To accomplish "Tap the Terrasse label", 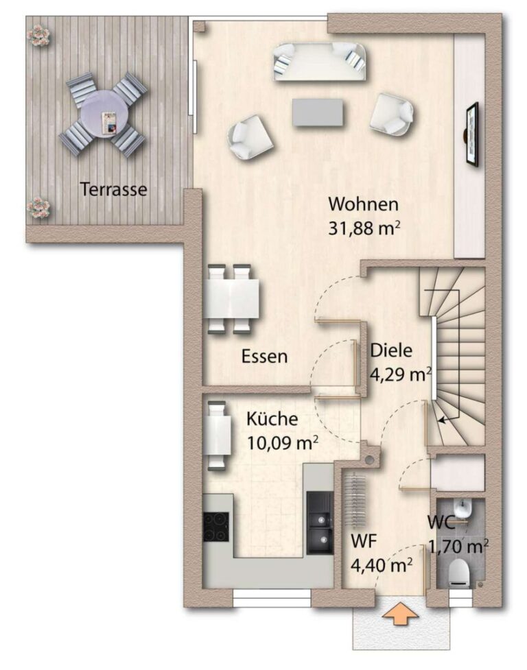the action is tap(114, 189).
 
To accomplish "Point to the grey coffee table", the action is tap(318, 112).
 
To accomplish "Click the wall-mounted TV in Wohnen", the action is tap(471, 134).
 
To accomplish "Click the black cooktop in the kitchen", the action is tap(216, 526).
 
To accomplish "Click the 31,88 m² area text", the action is tap(364, 228).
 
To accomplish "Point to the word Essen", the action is tap(264, 357).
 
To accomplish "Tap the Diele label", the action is tap(391, 350).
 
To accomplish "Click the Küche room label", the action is tap(272, 418).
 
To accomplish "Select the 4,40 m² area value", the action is tap(382, 565).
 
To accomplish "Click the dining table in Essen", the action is tap(231, 298).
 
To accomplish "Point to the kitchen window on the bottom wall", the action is tap(272, 599).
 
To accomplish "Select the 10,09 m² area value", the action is tap(282, 443).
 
